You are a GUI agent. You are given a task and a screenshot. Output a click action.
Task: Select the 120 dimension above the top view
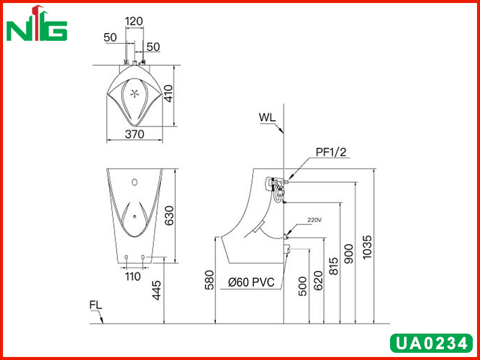tap(134, 22)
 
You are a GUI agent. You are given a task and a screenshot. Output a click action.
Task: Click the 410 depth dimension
tap(169, 94)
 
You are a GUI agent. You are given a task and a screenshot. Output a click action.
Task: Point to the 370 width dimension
tap(134, 134)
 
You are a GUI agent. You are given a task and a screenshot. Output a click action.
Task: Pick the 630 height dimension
tap(169, 215)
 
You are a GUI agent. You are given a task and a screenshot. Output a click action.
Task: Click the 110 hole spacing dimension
tap(133, 277)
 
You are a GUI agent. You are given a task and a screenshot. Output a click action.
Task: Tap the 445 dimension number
tap(157, 290)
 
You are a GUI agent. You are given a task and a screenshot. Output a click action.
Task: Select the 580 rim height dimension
tap(209, 280)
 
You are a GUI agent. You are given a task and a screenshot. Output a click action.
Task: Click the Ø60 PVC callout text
tap(251, 282)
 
